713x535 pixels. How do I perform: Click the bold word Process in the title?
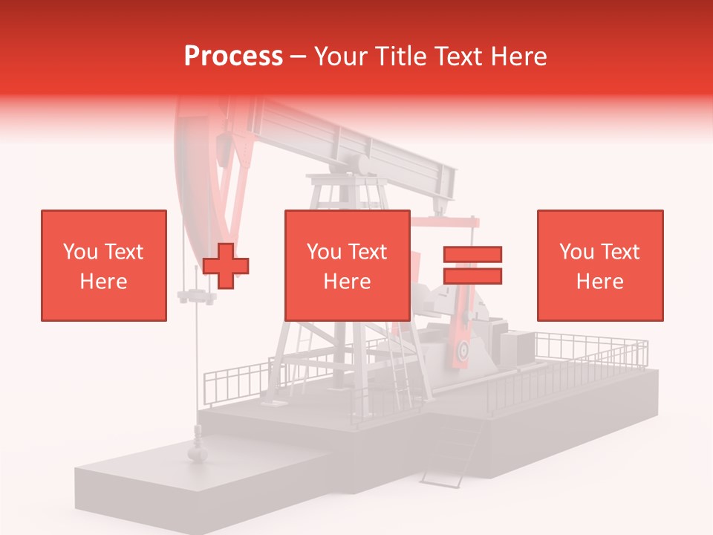233,56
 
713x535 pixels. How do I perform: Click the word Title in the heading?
400,56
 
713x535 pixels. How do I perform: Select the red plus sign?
226,265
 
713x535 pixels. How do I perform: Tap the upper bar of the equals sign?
473,254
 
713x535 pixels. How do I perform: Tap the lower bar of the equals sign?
473,276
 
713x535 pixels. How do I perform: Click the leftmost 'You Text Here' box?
103,265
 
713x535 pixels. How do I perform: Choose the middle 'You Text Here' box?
347,265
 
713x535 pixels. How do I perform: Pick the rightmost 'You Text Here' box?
599,265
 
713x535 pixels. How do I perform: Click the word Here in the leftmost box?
103,282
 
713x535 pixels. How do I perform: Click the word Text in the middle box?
368,252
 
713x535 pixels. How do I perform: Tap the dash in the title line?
299,56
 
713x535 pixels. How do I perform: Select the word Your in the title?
339,56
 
